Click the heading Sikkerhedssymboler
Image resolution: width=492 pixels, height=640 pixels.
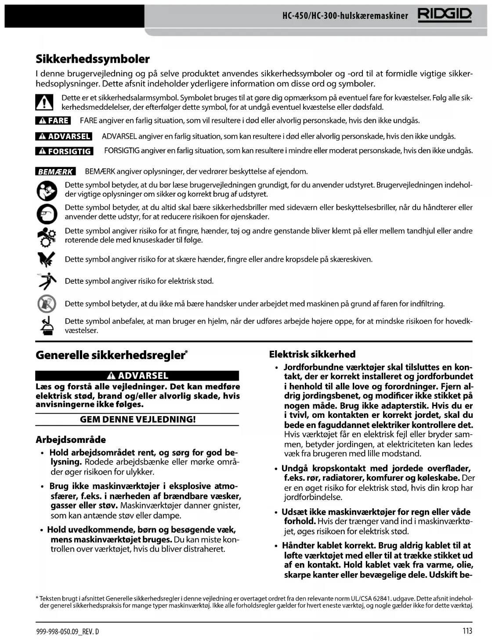(93, 59)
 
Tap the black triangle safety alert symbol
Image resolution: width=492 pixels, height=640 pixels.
(44, 102)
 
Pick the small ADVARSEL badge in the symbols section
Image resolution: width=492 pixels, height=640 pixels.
(64, 137)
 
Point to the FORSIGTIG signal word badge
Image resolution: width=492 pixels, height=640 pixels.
(64, 151)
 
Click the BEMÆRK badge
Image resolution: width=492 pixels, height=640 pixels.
(55, 172)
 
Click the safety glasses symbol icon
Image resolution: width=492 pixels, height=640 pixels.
(47, 213)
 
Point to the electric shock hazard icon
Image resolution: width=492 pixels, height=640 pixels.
(47, 281)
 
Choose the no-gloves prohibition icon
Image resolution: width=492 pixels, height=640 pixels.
(47, 304)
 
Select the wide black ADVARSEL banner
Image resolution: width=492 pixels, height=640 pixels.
(137, 376)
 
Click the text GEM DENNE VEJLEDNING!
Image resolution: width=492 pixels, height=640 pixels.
(137, 419)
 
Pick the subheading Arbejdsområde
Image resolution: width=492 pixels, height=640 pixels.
(71, 439)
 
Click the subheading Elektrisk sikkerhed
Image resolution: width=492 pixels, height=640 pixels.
(312, 354)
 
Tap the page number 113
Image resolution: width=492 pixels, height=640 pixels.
(467, 631)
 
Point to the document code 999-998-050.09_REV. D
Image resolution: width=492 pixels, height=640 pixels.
(68, 632)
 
